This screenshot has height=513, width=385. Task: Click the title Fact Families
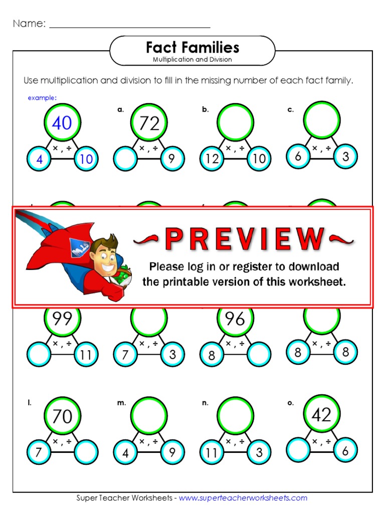pos(192,48)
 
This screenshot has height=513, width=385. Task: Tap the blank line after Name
pos(130,25)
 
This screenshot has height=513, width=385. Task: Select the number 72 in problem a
pos(149,123)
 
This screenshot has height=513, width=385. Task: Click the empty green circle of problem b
pos(235,122)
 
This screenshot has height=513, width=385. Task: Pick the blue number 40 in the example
pos(62,123)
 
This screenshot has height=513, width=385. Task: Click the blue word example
pos(42,98)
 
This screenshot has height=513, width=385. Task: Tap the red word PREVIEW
pos(244,239)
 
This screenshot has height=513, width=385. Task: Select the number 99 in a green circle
pos(62,319)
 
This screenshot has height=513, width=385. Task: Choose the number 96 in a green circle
pos(235,319)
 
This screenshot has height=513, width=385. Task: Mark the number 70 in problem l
pos(62,416)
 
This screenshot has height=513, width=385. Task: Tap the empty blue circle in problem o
pos(299,449)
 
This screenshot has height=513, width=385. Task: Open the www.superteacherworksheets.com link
pos(243,497)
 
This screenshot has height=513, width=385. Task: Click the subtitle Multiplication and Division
pos(192,60)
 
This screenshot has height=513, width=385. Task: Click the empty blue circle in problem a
pos(125,159)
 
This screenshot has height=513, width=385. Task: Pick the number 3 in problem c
pos(345,156)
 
